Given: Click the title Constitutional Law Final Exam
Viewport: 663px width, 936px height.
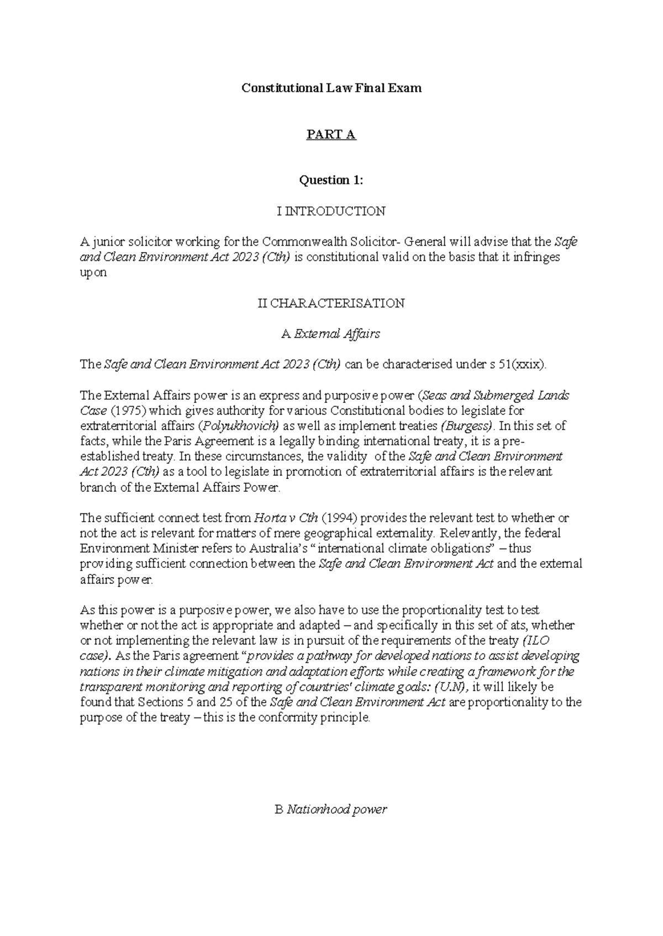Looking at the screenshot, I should point(331,88).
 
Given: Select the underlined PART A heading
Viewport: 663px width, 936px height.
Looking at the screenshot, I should point(331,134).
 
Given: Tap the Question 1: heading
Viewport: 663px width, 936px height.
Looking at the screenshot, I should point(331,180).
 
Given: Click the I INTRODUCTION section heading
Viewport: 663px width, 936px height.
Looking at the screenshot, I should point(331,211).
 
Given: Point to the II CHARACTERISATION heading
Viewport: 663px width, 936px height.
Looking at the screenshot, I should point(331,303).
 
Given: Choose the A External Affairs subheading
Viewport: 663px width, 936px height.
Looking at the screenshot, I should point(331,333).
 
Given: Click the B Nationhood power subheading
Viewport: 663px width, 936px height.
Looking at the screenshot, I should point(331,810).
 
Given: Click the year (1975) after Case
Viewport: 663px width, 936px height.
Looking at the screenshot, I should point(127,410).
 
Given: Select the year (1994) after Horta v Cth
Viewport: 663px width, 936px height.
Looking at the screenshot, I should point(339,518).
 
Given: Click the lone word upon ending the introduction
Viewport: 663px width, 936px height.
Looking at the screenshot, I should point(93,273).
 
